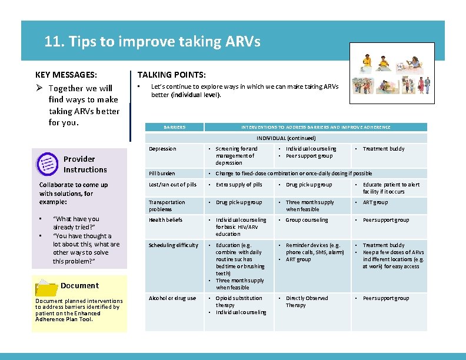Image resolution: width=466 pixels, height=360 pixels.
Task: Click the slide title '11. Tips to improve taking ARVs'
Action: coord(152,42)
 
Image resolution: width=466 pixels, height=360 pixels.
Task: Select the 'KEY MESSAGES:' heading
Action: coord(66,75)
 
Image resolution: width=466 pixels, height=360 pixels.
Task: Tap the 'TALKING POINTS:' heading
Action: coord(171,75)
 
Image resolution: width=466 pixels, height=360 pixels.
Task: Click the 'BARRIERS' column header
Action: coord(174,127)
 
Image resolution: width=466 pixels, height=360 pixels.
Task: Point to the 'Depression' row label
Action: coord(162,149)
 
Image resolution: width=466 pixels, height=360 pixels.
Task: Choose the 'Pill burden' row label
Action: coord(162,174)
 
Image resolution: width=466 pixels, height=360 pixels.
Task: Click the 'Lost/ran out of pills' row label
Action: coord(172,185)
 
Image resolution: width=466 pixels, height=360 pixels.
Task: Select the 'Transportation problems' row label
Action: coord(167,205)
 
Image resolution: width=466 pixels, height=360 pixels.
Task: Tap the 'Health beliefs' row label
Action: coord(165,220)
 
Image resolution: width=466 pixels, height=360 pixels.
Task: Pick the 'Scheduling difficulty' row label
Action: coord(174,245)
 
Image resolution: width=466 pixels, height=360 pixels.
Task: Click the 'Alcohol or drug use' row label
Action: coord(172,298)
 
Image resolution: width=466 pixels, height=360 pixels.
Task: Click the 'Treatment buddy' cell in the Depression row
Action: coord(384,149)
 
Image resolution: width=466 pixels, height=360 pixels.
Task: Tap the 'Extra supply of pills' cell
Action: coord(239,185)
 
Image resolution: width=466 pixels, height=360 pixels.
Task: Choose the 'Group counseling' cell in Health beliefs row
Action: coord(307,220)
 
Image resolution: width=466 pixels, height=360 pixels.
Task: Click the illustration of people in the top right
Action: coord(391,75)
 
